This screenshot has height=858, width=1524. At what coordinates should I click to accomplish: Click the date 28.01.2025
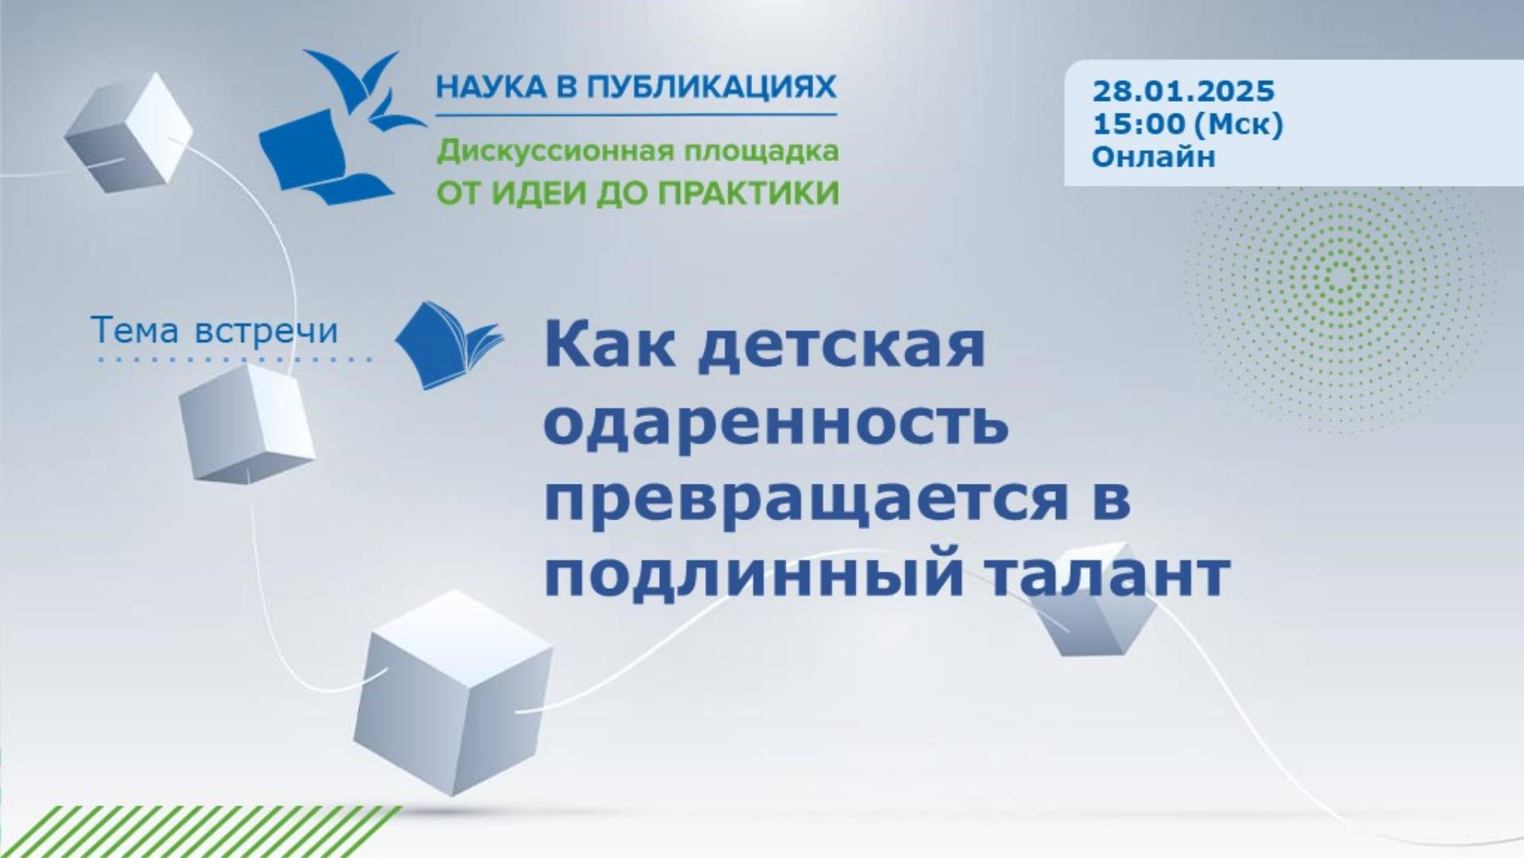point(1183,91)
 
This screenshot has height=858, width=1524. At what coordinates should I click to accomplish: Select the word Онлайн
point(1153,157)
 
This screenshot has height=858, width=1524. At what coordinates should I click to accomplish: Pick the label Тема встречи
point(215,330)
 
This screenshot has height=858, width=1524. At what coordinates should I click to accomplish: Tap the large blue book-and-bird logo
point(341,127)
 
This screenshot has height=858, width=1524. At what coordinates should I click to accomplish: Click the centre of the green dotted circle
point(1341,276)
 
